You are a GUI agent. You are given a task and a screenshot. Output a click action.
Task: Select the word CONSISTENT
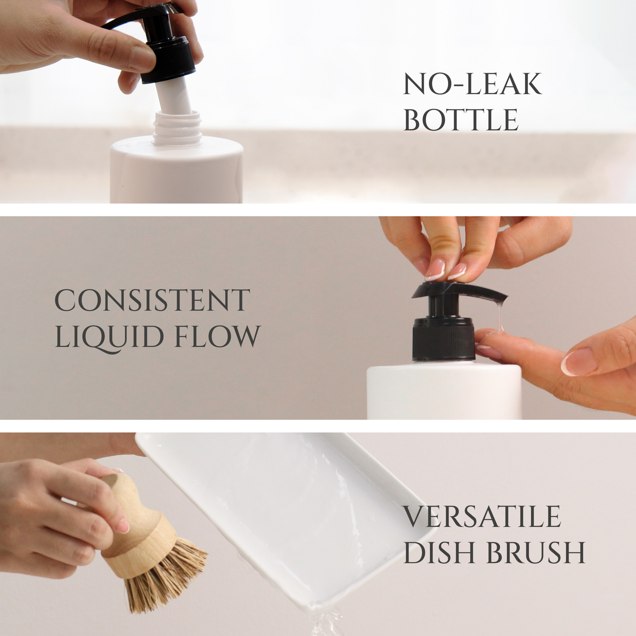click(x=152, y=300)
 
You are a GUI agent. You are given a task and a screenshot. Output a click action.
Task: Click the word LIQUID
click(x=109, y=337)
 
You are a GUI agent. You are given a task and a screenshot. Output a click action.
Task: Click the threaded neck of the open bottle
click(x=177, y=129)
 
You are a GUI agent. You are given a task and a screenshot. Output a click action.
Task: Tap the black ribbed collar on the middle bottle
click(x=444, y=339)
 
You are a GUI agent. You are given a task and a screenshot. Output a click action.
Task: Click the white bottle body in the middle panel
click(x=444, y=391)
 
